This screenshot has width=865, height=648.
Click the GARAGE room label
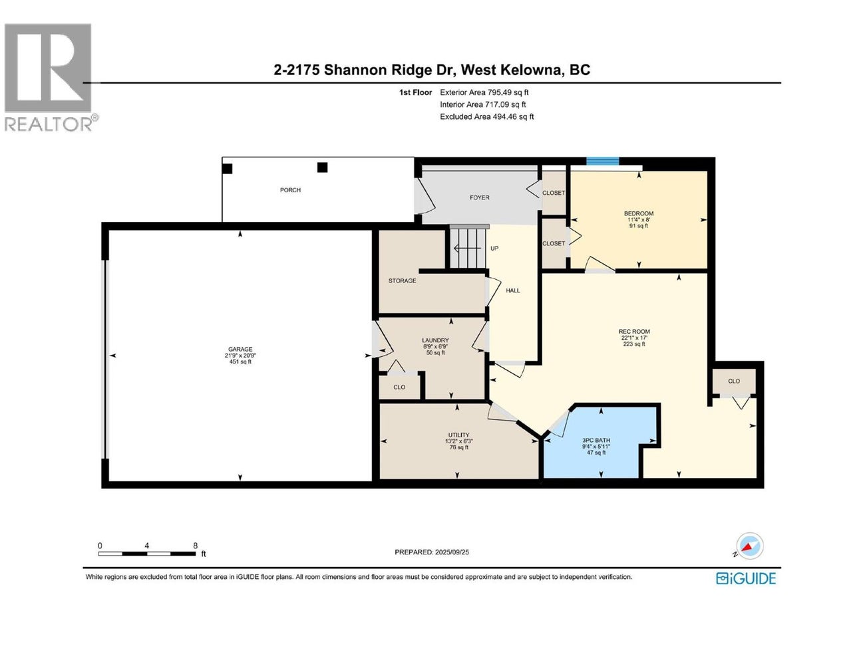[240, 349]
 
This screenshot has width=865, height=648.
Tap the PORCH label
[290, 190]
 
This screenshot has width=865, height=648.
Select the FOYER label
[479, 197]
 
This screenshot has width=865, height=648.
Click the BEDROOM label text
[638, 213]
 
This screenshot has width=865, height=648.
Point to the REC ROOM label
[634, 331]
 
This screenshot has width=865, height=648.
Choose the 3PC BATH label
[596, 440]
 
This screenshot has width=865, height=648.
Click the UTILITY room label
[458, 435]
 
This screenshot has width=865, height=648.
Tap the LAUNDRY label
[435, 340]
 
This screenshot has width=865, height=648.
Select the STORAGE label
[402, 280]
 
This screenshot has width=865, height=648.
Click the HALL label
[512, 290]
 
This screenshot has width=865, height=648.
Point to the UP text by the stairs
[494, 249]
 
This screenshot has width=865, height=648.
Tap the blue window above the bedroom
[602, 161]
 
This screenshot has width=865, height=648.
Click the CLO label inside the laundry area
[399, 387]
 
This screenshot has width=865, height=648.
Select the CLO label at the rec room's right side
[734, 381]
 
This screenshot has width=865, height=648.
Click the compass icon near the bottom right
[749, 546]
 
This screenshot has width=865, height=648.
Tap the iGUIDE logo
[746, 578]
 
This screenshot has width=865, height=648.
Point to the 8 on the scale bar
[195, 546]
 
